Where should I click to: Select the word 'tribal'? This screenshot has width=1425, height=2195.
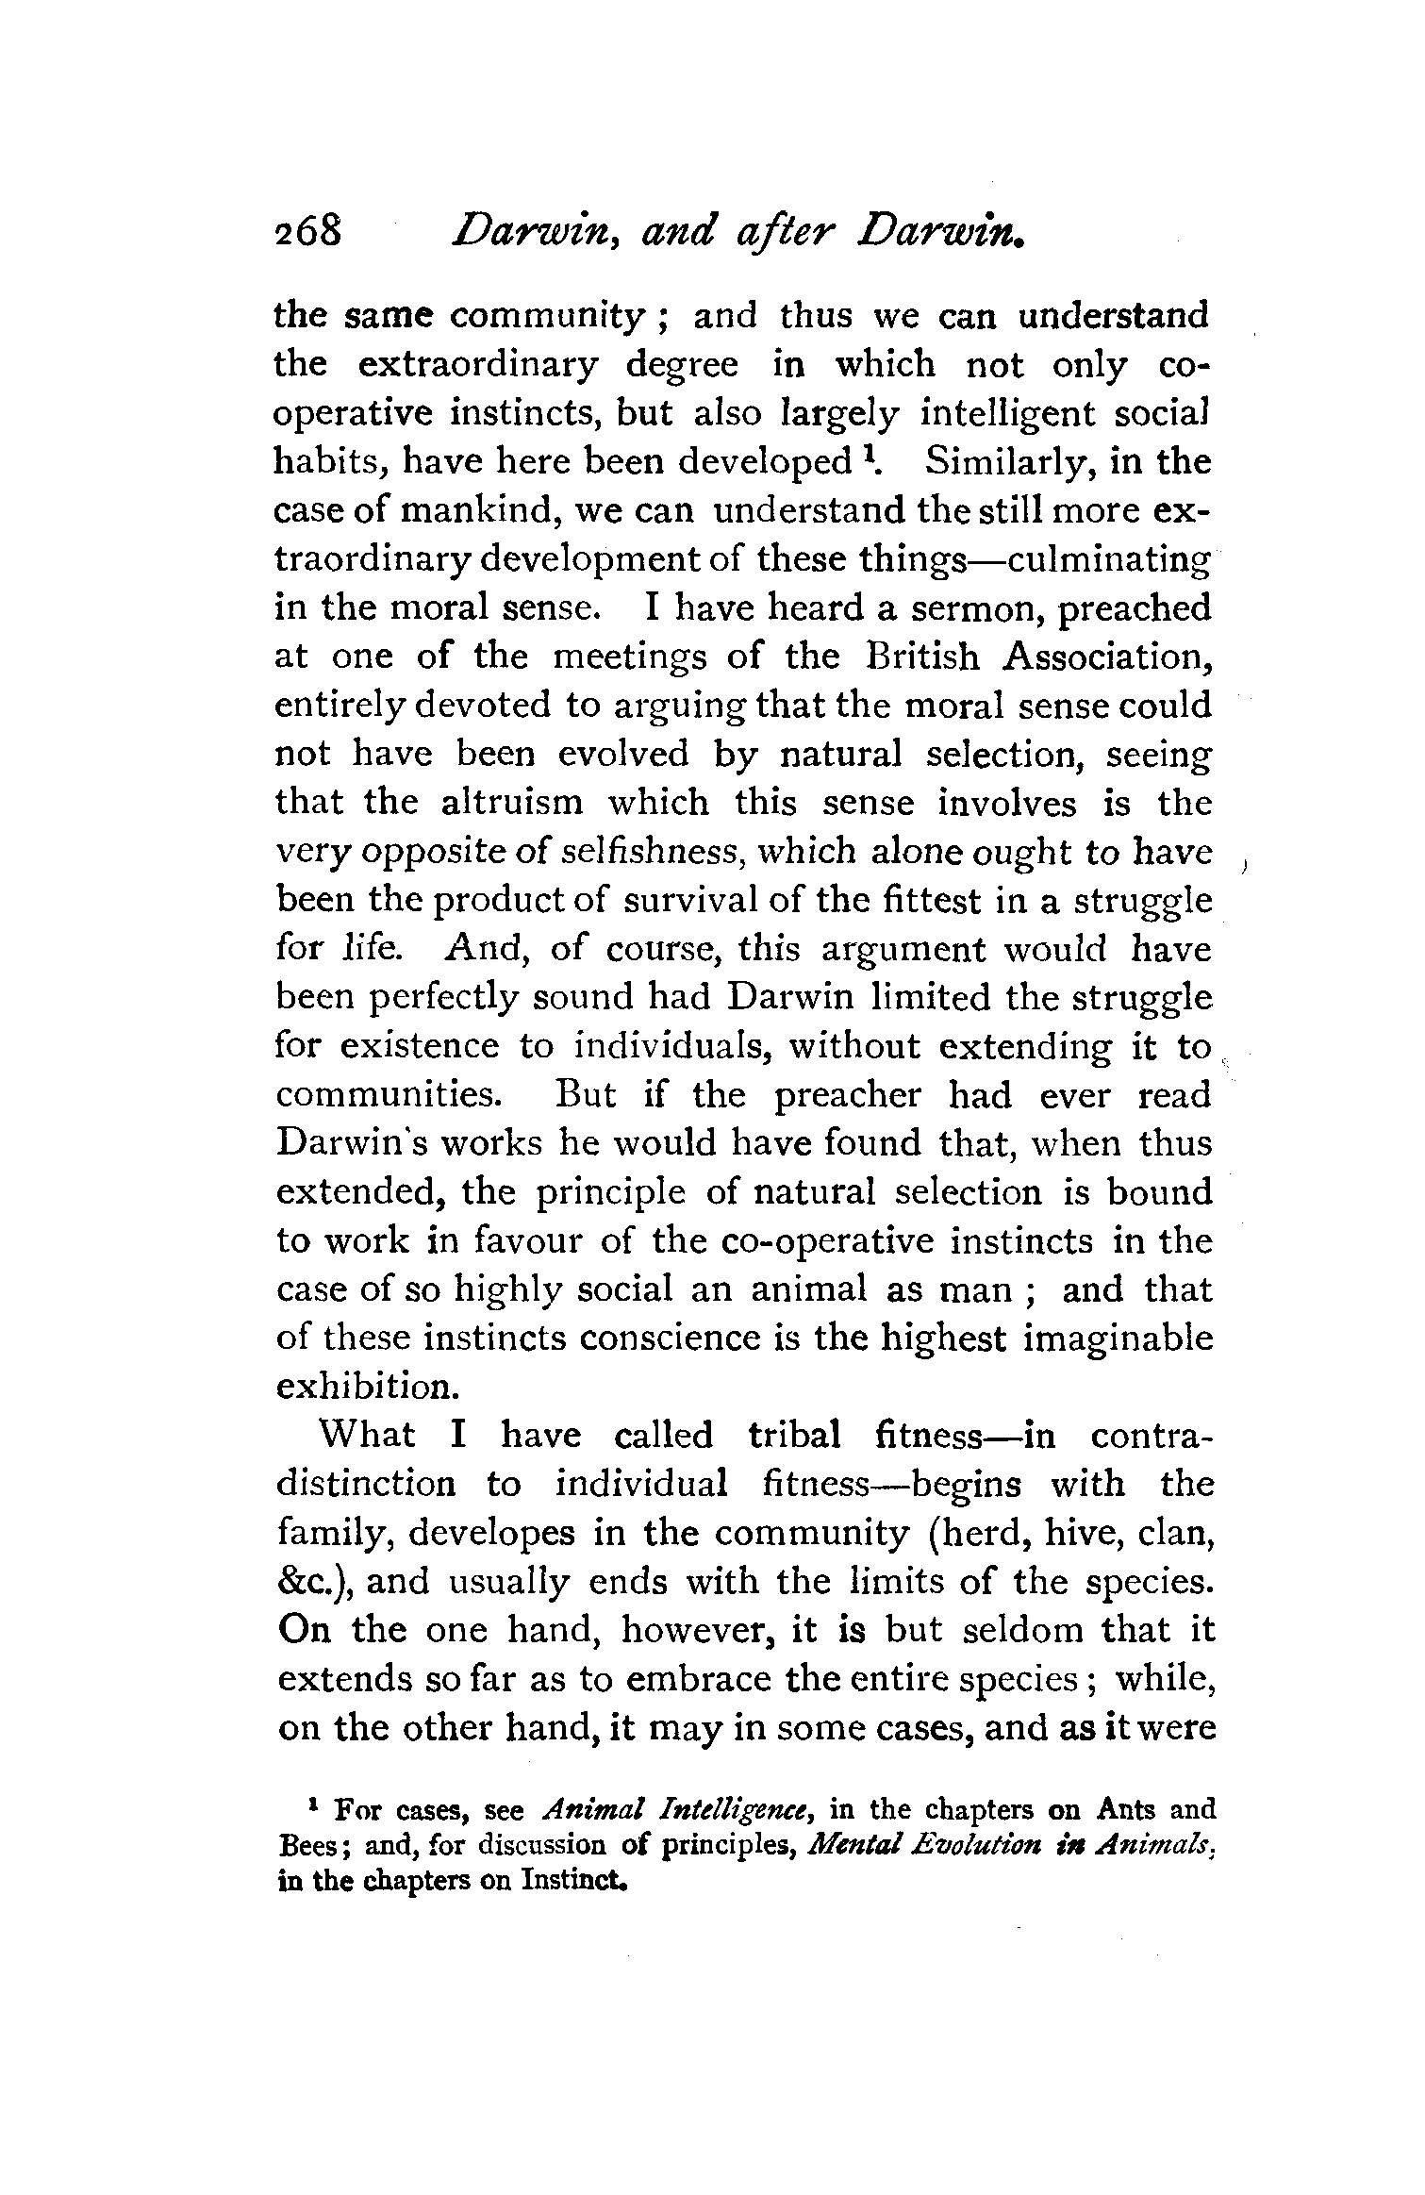coord(794,1436)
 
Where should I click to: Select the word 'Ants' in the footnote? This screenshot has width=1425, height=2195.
coord(1127,1810)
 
